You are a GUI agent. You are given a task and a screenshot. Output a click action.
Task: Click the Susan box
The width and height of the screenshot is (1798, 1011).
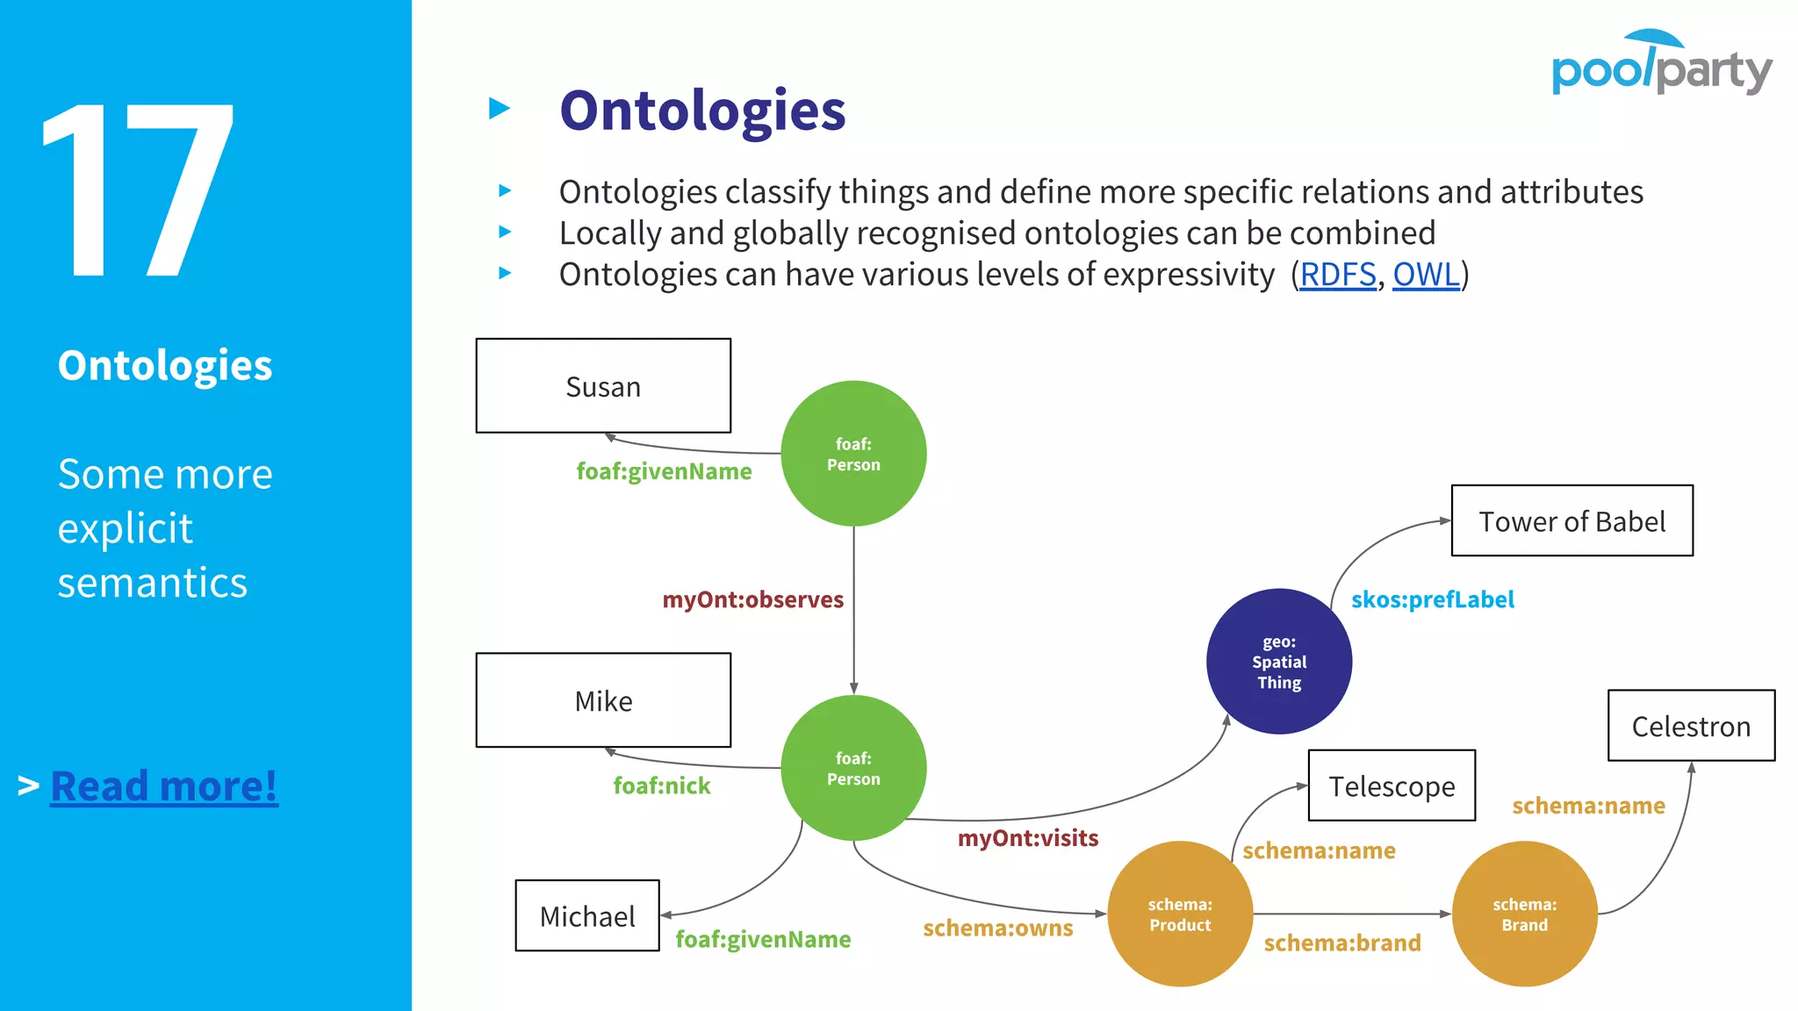click(x=603, y=386)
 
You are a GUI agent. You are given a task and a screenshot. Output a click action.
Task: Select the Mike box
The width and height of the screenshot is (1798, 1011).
click(x=603, y=700)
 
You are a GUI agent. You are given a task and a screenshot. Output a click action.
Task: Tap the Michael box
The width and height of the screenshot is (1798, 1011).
click(x=587, y=915)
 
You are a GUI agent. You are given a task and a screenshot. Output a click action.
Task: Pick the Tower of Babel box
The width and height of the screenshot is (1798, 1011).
click(x=1571, y=521)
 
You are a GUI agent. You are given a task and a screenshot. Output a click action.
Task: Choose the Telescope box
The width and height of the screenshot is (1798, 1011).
click(x=1392, y=785)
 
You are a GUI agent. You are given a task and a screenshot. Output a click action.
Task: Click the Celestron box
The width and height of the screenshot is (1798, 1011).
click(x=1691, y=726)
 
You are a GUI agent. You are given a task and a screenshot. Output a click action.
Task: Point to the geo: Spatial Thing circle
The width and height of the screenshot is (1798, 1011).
click(x=1279, y=662)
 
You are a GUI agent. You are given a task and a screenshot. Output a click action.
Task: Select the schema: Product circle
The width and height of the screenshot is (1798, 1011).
click(x=1180, y=914)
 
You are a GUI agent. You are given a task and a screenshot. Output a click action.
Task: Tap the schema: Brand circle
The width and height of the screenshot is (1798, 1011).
click(x=1524, y=914)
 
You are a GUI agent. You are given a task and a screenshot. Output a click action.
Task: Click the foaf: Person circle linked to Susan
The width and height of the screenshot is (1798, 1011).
click(x=853, y=454)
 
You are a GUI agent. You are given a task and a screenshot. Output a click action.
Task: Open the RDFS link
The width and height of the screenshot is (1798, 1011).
click(x=1337, y=275)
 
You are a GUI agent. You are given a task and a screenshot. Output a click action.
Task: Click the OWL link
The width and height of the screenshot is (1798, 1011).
click(x=1426, y=275)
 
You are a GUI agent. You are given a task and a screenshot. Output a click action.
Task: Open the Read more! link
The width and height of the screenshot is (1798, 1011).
click(x=164, y=785)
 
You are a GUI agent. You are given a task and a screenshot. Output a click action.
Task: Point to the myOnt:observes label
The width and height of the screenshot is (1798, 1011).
click(x=752, y=599)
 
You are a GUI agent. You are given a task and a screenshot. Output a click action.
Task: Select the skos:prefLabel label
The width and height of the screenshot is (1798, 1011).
click(x=1432, y=599)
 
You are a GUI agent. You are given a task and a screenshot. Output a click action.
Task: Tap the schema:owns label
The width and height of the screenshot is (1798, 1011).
click(x=997, y=928)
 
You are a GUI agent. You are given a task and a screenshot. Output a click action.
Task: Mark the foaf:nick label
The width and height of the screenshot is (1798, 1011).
click(x=662, y=785)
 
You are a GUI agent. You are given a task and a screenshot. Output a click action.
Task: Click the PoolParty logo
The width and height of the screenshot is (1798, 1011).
click(x=1661, y=63)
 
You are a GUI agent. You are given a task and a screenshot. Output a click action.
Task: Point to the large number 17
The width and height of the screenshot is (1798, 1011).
click(x=139, y=190)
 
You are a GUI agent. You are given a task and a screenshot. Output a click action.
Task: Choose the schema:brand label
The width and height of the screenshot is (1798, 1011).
click(x=1341, y=943)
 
